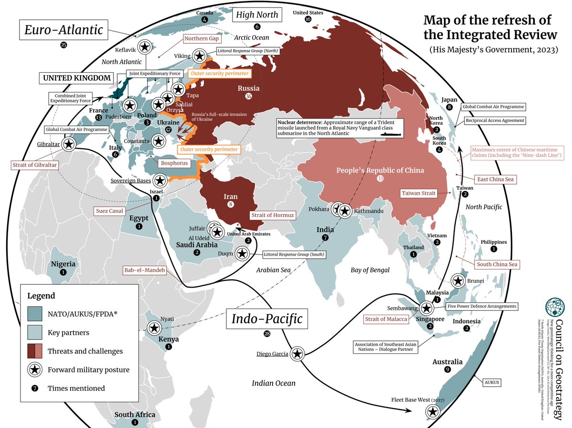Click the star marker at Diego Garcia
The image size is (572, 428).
pyautogui.click(x=297, y=353)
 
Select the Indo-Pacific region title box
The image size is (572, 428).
pyautogui.click(x=267, y=319)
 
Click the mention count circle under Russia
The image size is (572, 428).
pyautogui.click(x=248, y=97)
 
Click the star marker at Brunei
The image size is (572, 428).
pyautogui.click(x=459, y=281)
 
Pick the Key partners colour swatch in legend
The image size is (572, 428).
pyautogui.click(x=36, y=333)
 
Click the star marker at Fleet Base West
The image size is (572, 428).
pyautogui.click(x=432, y=412)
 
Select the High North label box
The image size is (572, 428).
pyautogui.click(x=256, y=15)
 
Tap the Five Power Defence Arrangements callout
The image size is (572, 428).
pyautogui.click(x=481, y=306)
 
